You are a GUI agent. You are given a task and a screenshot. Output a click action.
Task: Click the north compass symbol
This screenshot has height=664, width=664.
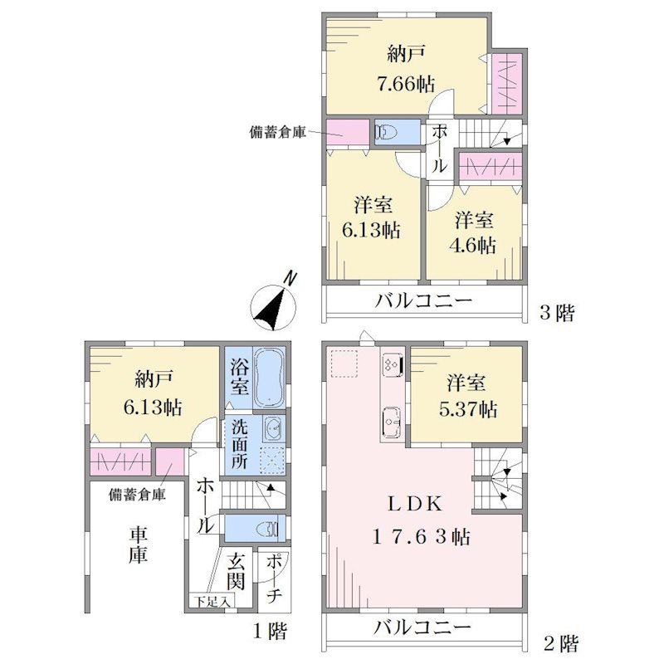273,304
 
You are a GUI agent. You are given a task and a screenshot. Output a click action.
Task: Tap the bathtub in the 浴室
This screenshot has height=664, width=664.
270,378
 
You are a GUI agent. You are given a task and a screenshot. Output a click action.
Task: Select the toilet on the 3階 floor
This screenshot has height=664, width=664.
386,132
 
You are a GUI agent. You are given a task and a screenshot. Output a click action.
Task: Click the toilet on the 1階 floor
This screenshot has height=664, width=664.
267,529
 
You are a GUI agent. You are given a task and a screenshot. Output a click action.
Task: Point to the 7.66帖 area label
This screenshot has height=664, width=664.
406,85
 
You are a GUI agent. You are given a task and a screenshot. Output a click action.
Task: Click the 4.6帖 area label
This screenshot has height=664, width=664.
472,245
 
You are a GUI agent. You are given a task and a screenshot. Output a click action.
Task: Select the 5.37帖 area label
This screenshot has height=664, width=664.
467,409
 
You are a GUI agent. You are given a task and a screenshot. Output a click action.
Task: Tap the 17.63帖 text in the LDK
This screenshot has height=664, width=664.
421,537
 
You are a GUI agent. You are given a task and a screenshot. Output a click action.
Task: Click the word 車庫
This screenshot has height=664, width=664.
139,546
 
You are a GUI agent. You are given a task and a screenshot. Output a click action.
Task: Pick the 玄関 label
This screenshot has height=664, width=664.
236,571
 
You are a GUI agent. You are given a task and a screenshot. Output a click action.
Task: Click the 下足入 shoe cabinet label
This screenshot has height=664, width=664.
212,601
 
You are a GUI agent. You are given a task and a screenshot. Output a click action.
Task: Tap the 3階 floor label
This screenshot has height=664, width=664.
557,314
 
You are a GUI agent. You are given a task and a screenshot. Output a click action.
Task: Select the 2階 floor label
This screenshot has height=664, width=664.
561,644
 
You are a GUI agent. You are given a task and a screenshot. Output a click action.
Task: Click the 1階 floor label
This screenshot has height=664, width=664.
271,632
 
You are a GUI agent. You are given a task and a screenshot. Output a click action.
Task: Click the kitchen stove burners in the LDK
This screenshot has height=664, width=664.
392,364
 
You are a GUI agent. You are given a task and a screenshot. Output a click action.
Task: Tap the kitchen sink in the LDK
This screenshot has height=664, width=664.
391,422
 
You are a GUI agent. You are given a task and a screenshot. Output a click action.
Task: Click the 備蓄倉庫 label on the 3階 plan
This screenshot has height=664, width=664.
278,133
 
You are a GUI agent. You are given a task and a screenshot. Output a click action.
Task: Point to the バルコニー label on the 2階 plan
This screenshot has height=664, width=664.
422,627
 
